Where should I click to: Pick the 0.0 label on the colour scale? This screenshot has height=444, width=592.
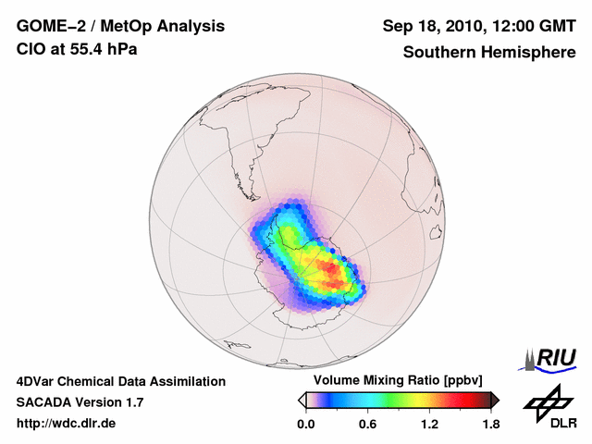coord(306,425)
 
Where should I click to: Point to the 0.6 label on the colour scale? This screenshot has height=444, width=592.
coord(367,425)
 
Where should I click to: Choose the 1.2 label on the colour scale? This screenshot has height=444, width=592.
coord(429,425)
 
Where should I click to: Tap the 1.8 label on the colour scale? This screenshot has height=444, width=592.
coord(490,425)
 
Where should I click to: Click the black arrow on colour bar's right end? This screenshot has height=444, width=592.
coord(495,400)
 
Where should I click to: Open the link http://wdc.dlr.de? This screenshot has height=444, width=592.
coord(66,424)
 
